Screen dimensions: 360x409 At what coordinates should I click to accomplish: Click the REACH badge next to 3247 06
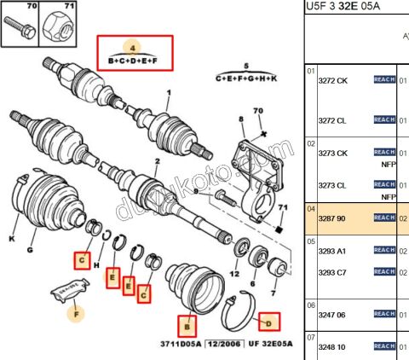(384, 314)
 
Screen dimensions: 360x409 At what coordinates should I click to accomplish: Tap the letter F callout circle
(76, 313)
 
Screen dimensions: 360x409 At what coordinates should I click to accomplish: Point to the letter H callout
(96, 275)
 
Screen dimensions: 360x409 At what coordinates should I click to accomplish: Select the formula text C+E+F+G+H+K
(247, 78)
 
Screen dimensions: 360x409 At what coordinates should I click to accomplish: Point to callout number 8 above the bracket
(241, 119)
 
